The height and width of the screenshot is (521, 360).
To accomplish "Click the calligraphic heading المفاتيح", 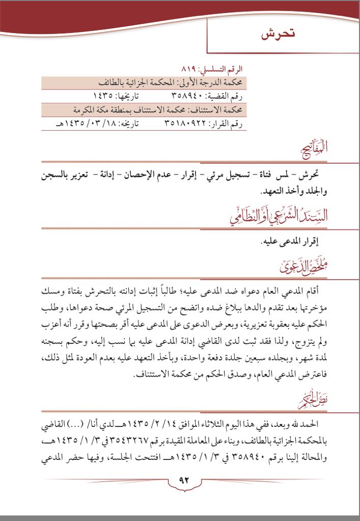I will point(313,150).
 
